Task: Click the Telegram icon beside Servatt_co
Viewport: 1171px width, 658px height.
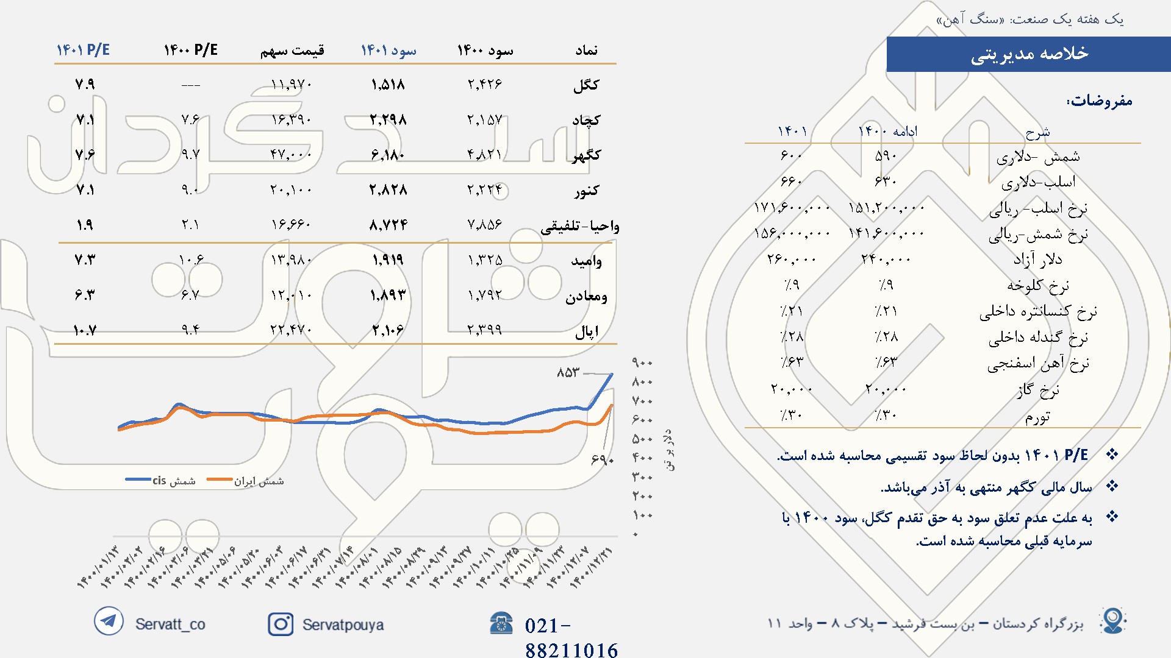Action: point(109,621)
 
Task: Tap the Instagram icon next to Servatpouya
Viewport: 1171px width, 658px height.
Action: point(281,624)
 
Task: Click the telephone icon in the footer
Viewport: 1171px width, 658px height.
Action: point(501,623)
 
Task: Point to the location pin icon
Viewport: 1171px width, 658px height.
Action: point(1113,621)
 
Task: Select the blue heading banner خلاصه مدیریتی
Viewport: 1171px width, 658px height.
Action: point(1028,54)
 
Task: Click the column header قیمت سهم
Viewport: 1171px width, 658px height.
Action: point(292,51)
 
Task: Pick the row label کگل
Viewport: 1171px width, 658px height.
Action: point(586,85)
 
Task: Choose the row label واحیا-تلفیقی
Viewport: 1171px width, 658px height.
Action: point(579,227)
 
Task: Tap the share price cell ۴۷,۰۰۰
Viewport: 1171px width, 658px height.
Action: point(291,155)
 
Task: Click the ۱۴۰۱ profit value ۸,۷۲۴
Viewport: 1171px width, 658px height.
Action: point(389,225)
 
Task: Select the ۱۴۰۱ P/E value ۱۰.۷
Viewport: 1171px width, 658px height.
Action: point(85,331)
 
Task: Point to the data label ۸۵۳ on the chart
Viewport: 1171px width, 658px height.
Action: point(568,372)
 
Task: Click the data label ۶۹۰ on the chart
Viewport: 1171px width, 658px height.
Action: point(602,459)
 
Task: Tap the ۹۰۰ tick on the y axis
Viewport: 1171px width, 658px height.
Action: point(642,363)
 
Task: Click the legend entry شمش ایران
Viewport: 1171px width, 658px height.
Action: point(259,481)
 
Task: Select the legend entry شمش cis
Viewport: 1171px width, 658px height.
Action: point(174,481)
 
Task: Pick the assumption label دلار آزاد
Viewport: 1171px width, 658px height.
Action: point(1037,260)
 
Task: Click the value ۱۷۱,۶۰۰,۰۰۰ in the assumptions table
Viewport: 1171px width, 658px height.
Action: point(792,208)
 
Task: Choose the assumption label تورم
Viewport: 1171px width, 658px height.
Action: point(1037,417)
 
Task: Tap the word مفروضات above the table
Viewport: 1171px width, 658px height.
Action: point(1100,101)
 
